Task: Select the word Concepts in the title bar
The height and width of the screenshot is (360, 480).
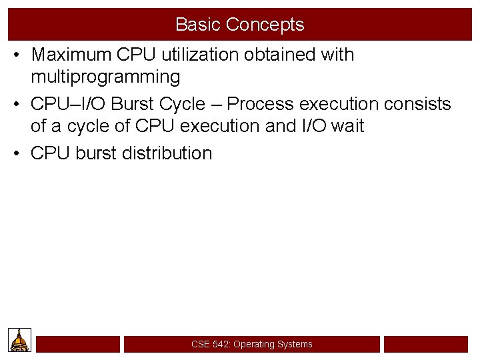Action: click(265, 25)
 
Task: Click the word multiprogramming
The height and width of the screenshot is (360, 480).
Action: click(105, 77)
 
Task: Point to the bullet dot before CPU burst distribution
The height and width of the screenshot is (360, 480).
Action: click(17, 154)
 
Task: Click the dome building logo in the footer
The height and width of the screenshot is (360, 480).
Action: click(20, 341)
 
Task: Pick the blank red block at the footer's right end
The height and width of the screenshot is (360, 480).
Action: click(426, 344)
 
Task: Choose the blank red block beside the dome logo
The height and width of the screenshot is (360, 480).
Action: click(78, 344)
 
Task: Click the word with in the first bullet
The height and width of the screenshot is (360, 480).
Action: click(337, 55)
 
